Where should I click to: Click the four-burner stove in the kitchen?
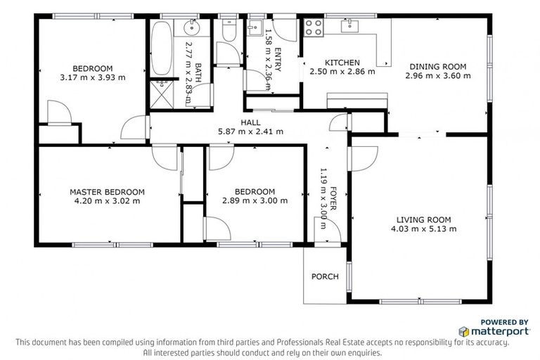(x=314, y=28)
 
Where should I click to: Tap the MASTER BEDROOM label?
(x=107, y=191)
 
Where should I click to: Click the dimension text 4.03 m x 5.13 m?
(x=424, y=229)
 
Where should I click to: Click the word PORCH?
(x=325, y=276)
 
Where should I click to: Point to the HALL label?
(x=251, y=122)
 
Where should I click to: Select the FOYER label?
(x=333, y=200)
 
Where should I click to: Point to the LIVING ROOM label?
(x=423, y=219)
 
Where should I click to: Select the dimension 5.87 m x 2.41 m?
(x=251, y=131)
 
